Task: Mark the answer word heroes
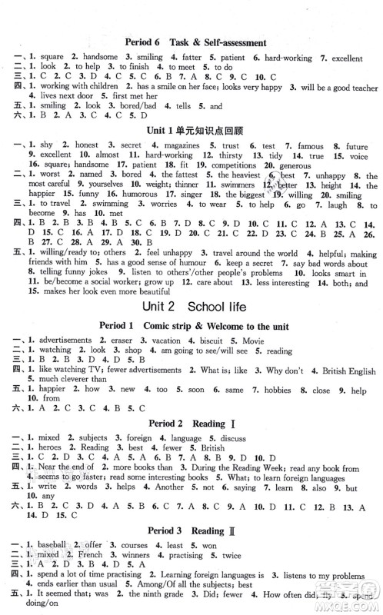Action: (x=47, y=447)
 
